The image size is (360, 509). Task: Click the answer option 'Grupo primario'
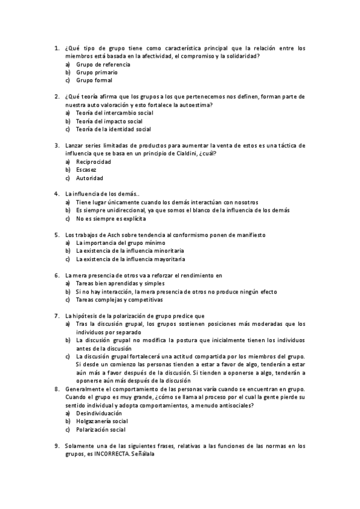pyautogui.click(x=97, y=72)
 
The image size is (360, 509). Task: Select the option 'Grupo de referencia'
pyautogui.click(x=101, y=64)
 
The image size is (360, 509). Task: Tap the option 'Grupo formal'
pyautogui.click(x=94, y=80)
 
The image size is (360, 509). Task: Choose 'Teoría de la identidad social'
pyautogui.click(x=113, y=129)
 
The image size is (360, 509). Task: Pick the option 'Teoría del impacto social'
pyautogui.click(x=109, y=121)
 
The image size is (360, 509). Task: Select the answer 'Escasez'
pyautogui.click(x=86, y=170)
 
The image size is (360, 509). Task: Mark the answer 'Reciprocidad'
pyautogui.click(x=94, y=162)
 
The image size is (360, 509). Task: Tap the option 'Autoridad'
pyautogui.click(x=90, y=178)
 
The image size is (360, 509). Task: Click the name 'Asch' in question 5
pyautogui.click(x=115, y=235)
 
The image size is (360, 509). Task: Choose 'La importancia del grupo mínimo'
pyautogui.click(x=117, y=242)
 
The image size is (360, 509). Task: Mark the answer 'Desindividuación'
pyautogui.click(x=99, y=414)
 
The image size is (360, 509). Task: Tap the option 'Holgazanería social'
pyautogui.click(x=102, y=421)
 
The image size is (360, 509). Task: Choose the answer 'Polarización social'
pyautogui.click(x=101, y=430)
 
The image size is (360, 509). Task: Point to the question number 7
pyautogui.click(x=56, y=316)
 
